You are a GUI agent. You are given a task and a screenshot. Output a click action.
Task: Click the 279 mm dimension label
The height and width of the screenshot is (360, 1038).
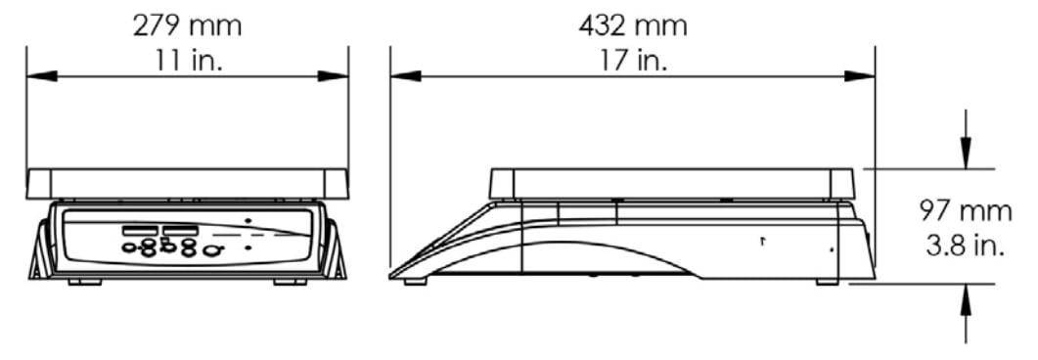pos(187,26)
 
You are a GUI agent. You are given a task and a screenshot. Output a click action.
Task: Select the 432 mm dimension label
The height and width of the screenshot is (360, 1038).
pos(633,26)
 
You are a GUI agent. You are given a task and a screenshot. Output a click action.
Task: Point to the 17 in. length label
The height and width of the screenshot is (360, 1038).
pos(634,61)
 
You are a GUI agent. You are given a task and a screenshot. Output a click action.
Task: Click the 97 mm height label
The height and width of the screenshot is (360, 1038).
pos(966,211)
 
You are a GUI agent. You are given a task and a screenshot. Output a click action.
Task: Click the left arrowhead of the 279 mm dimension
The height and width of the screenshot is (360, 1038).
pos(42,76)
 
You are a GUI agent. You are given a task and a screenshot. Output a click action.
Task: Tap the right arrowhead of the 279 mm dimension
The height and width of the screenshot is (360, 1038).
pos(333,76)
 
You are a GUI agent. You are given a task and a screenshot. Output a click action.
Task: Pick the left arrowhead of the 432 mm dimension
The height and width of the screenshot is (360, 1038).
pos(405,76)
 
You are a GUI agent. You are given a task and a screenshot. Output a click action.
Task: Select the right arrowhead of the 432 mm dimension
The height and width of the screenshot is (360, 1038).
pos(859,76)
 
